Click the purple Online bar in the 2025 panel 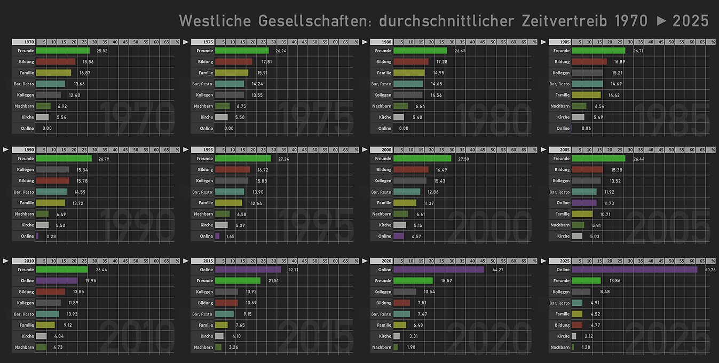pos(634,270)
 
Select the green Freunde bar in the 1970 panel pos(62,51)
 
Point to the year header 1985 pos(565,42)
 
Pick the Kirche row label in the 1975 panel pos(207,117)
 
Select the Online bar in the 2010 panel pos(57,281)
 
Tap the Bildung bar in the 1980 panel pos(411,62)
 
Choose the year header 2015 pos(208,261)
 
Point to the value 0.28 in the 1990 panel pos(51,236)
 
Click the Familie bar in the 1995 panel pos(228,203)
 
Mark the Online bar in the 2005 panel pos(584,203)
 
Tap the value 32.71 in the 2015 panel pos(293,270)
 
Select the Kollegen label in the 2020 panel pos(383,292)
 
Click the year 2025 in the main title pos(690,21)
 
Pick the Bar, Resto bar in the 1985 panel pos(587,84)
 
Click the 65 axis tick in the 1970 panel pos(167,42)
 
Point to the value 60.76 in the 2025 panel pos(710,270)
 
